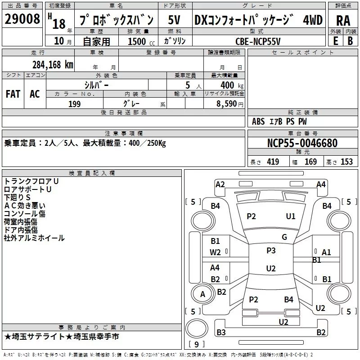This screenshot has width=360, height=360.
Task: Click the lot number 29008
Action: tap(22, 19)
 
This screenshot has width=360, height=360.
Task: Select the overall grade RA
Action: tap(343, 21)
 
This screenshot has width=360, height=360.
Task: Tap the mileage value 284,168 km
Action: tap(53, 65)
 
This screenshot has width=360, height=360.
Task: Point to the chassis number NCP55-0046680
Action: tap(302, 143)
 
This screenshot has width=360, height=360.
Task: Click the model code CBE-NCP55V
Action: tap(258, 41)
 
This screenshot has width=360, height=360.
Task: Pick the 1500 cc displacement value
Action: tap(141, 41)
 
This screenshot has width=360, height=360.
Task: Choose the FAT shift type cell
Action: tap(13, 94)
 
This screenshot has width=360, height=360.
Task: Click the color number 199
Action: tap(75, 104)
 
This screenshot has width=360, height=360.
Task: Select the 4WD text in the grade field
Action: tap(313, 20)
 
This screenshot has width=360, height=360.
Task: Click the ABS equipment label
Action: tap(258, 121)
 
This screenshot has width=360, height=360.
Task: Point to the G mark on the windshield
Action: tap(284, 237)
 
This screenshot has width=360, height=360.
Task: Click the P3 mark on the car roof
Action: tap(271, 250)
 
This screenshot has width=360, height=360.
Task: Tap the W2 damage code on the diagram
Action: tap(215, 252)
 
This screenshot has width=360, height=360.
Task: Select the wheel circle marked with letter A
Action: tap(203, 294)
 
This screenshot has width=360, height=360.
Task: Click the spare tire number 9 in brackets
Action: tap(197, 344)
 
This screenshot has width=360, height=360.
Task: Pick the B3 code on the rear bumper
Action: tap(221, 332)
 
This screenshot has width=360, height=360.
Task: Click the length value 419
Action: tap(273, 162)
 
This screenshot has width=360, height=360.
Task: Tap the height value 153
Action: tap(346, 162)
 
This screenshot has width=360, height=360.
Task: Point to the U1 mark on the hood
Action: tap(291, 216)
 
